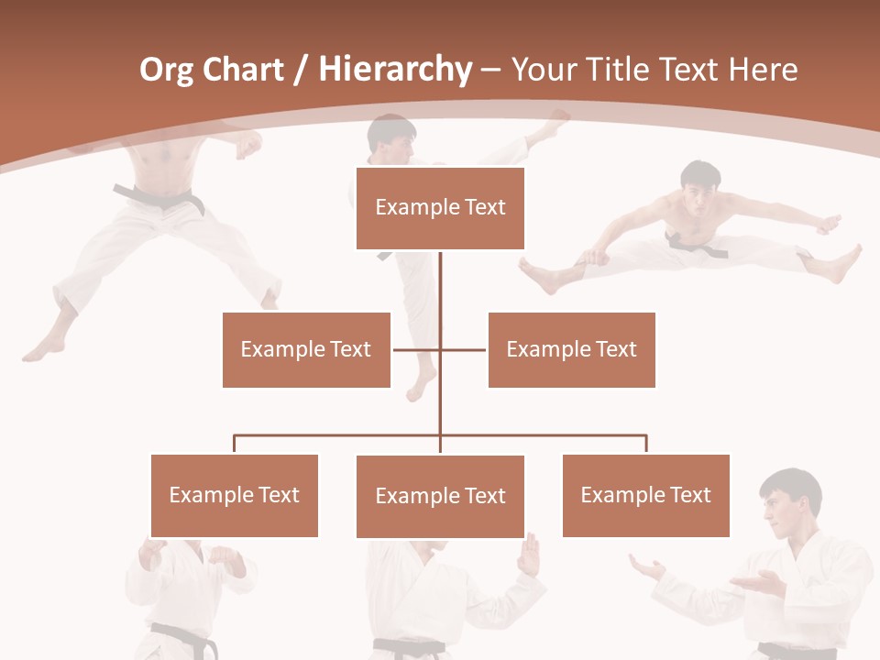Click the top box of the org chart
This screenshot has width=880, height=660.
[x=440, y=208]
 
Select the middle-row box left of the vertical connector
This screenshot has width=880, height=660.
[x=306, y=349]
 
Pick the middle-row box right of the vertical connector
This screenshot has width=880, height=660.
[x=571, y=349]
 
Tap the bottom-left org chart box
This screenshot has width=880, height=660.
[x=234, y=495]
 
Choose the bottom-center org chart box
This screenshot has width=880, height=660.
[x=440, y=496]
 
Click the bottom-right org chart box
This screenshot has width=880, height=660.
[x=645, y=495]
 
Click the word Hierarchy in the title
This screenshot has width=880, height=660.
[x=395, y=70]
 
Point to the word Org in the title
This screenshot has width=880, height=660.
[x=166, y=70]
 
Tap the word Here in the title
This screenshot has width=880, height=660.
[x=764, y=70]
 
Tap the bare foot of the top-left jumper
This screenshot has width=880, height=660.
[x=41, y=347]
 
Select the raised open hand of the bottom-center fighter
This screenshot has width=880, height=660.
[x=529, y=555]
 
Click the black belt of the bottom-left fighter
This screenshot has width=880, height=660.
[x=184, y=637]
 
